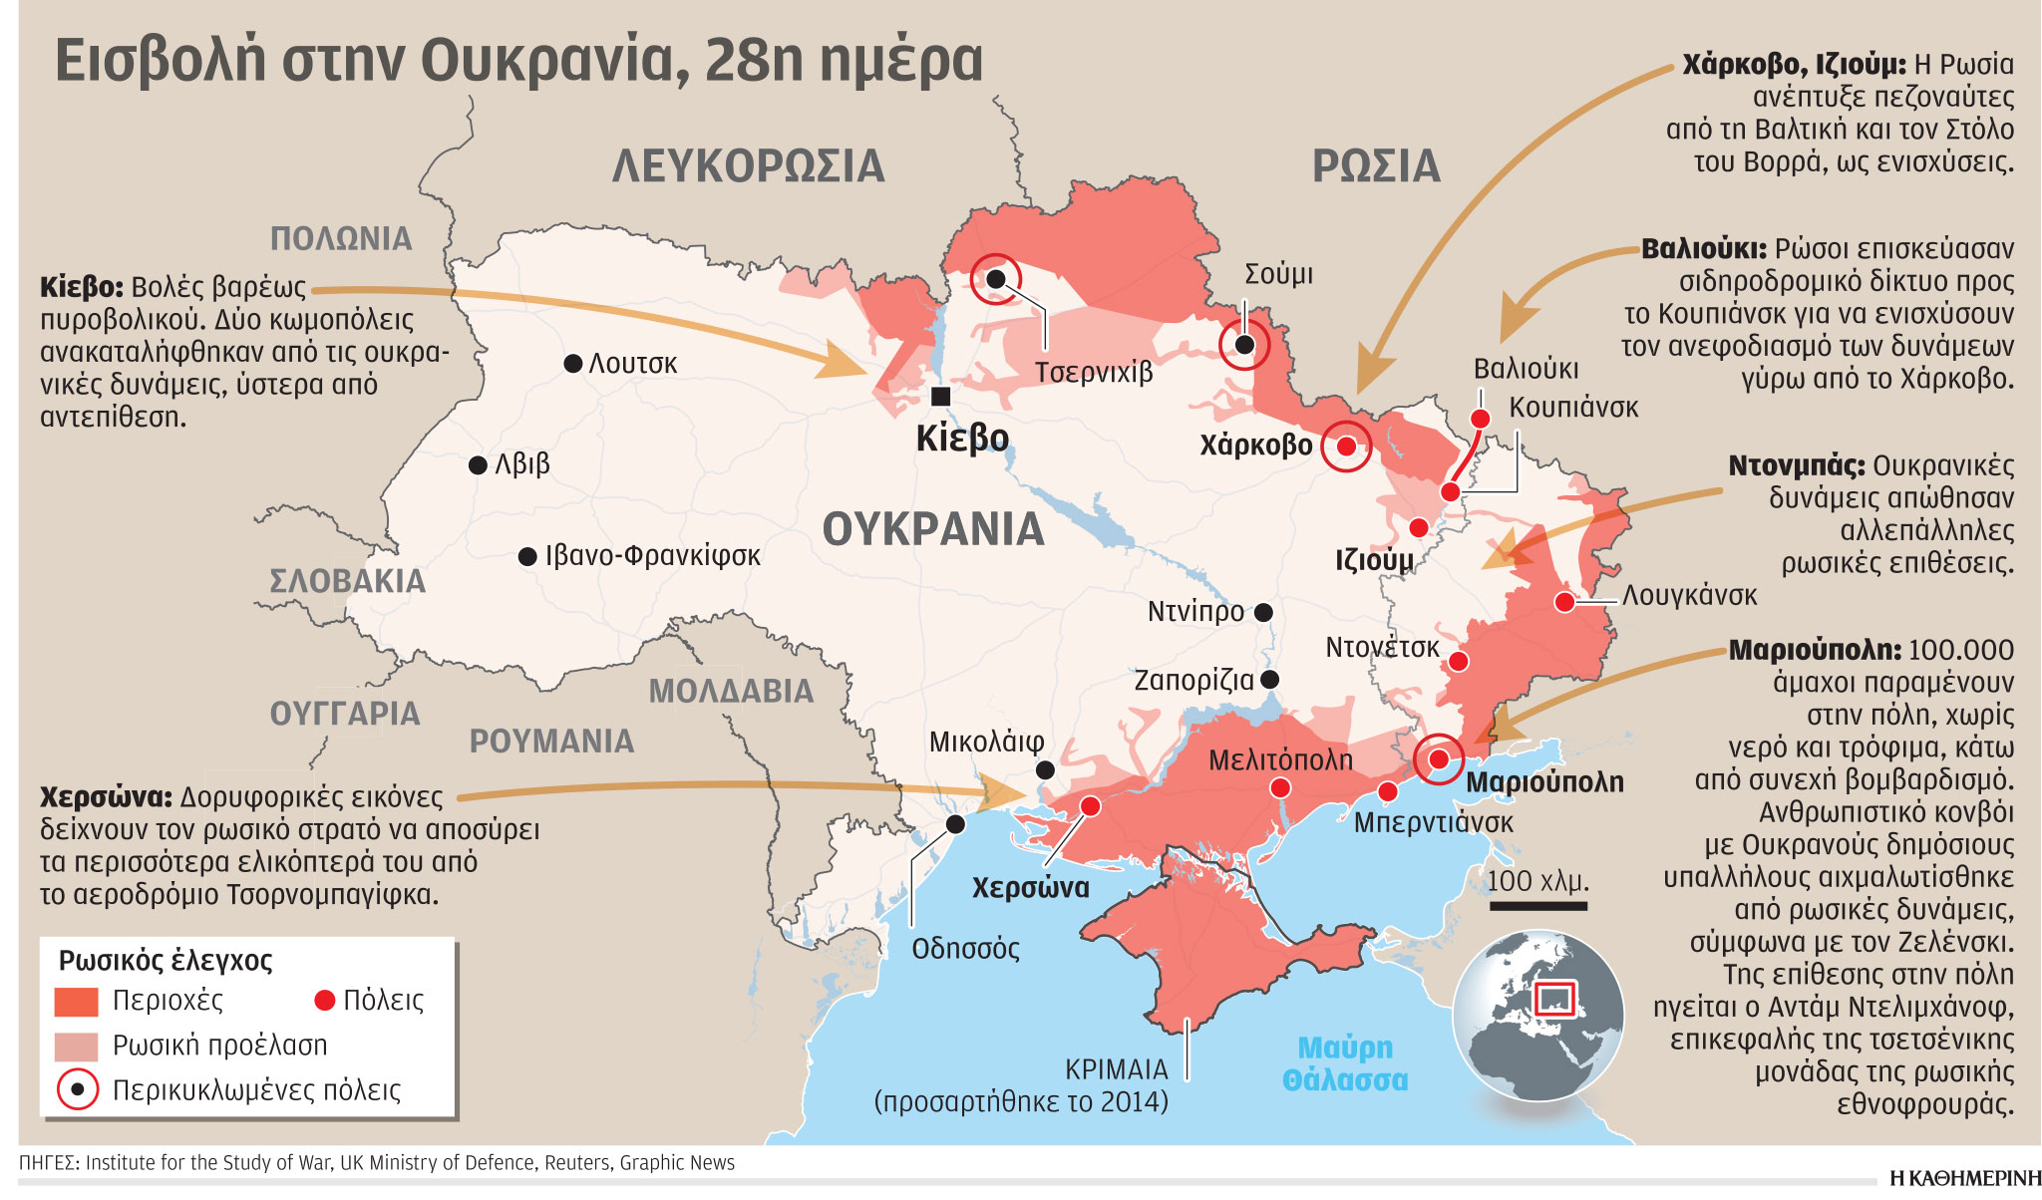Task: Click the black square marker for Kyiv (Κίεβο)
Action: pyautogui.click(x=940, y=397)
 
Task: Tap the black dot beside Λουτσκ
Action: pyautogui.click(x=573, y=364)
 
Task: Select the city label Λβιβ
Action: pyautogui.click(x=522, y=464)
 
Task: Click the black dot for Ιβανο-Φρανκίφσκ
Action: pyautogui.click(x=528, y=556)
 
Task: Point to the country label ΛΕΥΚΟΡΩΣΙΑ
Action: pyautogui.click(x=748, y=166)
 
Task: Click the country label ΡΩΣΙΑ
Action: pyautogui.click(x=1376, y=166)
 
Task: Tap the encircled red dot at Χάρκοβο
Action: pyautogui.click(x=1346, y=447)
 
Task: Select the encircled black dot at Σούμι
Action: pyautogui.click(x=1244, y=345)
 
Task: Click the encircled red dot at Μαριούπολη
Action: pyautogui.click(x=1438, y=759)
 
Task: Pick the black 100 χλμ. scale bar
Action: pyautogui.click(x=1538, y=906)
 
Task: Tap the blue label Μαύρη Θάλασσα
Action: pyautogui.click(x=1345, y=1063)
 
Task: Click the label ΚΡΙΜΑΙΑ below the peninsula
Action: pyautogui.click(x=1116, y=1069)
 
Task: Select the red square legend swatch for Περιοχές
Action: pyautogui.click(x=77, y=1002)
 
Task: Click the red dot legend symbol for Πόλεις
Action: pyautogui.click(x=324, y=1001)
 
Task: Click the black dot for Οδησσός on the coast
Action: pyautogui.click(x=955, y=824)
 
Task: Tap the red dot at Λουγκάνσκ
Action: pyautogui.click(x=1564, y=602)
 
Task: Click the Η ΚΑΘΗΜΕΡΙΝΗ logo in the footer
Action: pyautogui.click(x=1964, y=1178)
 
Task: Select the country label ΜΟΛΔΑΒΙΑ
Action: pyautogui.click(x=731, y=692)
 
